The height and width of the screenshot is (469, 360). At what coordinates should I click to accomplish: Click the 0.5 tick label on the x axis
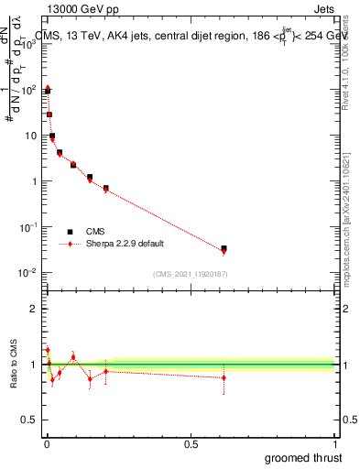click(x=191, y=444)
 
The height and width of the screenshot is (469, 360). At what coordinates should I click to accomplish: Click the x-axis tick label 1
click(x=334, y=444)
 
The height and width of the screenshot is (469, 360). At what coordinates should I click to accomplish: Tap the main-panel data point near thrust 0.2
click(x=106, y=188)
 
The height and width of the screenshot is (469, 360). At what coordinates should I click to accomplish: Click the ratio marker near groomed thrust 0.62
click(x=224, y=377)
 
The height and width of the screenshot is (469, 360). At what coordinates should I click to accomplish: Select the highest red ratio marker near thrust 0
click(x=47, y=350)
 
